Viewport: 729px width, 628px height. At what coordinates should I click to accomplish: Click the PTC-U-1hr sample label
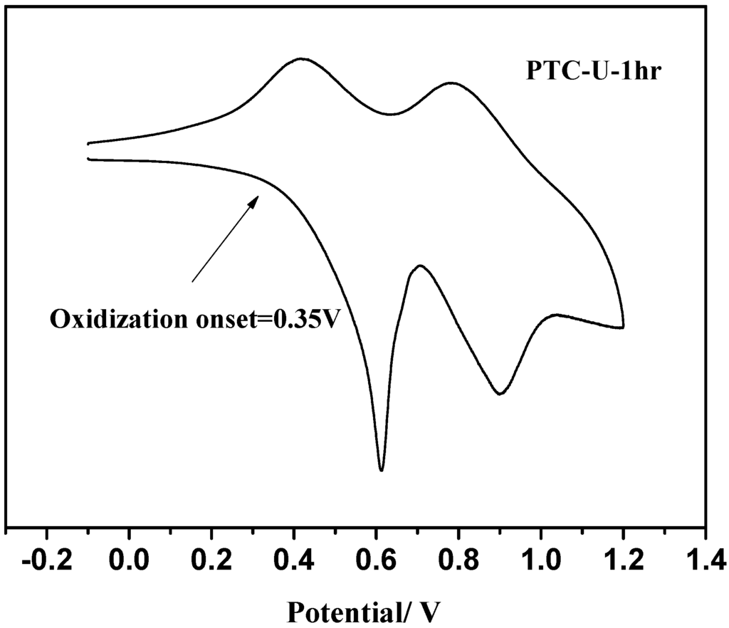point(589,71)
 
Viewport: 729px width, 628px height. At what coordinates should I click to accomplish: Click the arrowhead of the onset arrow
point(255,200)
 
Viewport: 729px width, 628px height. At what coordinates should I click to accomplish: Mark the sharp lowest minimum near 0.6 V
point(382,470)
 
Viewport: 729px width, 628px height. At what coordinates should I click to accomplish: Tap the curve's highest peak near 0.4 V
point(301,58)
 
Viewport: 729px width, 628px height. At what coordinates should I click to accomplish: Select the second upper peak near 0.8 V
point(451,83)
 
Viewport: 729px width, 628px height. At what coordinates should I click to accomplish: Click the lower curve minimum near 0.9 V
point(501,394)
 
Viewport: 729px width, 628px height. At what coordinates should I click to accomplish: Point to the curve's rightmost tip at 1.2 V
point(624,327)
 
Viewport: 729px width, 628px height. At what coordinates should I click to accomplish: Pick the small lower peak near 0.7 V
point(420,266)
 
